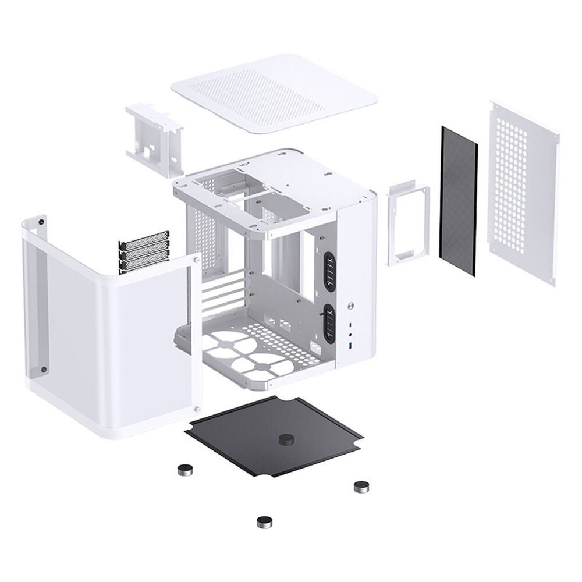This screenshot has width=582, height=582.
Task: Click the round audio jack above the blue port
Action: tap(352, 335)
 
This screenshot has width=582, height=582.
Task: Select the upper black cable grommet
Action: tap(329, 272)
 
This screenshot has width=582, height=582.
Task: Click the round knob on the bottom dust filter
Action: tap(286, 439)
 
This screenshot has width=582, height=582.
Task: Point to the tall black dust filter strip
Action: tap(459, 201)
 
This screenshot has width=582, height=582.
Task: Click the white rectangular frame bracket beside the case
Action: tap(408, 223)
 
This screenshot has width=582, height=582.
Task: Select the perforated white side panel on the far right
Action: tap(523, 186)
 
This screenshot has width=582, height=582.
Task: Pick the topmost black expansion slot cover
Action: tap(144, 239)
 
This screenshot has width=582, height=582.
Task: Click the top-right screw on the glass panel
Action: tap(197, 257)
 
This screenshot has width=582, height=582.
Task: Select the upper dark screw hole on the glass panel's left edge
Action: tap(42, 221)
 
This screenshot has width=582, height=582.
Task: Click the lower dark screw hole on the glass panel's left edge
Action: tap(44, 369)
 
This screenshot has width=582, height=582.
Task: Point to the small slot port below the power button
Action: tap(352, 322)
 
